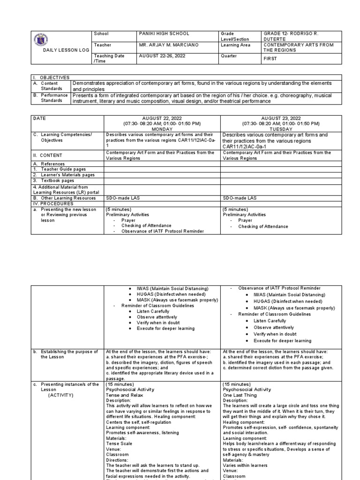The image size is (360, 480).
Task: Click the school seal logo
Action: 41,41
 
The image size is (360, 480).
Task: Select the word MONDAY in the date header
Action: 162,129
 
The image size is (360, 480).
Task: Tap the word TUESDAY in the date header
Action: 279,129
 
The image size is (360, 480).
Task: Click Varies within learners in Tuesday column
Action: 246,465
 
